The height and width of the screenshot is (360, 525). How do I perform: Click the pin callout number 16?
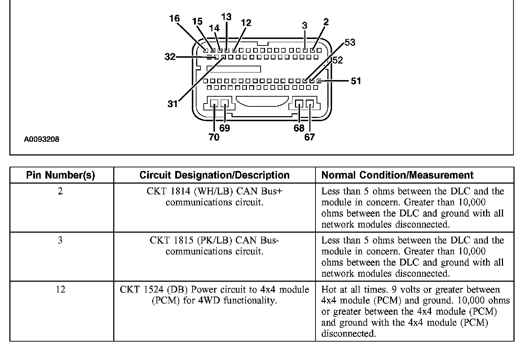(174, 18)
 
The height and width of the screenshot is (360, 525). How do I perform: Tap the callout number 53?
(350, 43)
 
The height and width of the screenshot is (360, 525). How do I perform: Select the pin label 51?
(356, 81)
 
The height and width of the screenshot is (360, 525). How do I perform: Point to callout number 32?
(170, 57)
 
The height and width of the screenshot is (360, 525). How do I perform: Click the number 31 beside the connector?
(173, 104)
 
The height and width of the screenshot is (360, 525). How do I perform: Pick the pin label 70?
(214, 137)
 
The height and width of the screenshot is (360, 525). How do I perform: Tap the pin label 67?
(309, 137)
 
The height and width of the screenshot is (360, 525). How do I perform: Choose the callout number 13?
(226, 17)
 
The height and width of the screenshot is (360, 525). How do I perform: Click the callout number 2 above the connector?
(326, 22)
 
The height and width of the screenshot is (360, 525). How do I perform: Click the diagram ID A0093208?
(41, 139)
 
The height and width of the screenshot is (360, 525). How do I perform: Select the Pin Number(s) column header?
(61, 175)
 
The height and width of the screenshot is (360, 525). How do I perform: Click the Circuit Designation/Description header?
(214, 175)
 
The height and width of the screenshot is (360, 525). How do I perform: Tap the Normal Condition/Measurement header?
(397, 175)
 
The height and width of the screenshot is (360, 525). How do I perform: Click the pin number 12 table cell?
(61, 290)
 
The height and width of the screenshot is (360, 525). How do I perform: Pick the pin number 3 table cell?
(60, 240)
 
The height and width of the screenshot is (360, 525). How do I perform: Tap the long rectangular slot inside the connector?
(233, 69)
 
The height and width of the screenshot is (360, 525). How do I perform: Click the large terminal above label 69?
(225, 104)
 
